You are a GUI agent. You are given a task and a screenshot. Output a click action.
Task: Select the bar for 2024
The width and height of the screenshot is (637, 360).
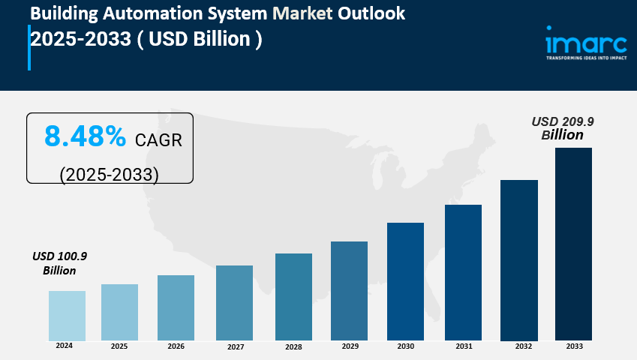tap(67, 315)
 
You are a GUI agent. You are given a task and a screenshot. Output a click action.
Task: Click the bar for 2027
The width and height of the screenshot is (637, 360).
tap(234, 302)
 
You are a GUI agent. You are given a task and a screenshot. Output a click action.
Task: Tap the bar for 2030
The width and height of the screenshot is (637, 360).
tap(405, 280)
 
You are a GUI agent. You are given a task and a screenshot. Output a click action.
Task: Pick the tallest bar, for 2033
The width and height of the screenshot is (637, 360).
tap(573, 243)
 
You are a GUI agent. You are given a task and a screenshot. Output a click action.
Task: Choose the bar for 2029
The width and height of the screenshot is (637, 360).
tap(349, 290)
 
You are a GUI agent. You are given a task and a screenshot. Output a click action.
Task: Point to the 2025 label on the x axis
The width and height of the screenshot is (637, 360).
tap(119, 346)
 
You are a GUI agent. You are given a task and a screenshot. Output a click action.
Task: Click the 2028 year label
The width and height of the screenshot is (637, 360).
tap(293, 347)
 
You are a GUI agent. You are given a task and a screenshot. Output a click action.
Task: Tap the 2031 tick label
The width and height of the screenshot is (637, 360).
tap(463, 346)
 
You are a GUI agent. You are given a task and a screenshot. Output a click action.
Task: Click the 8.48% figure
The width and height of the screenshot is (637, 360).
tap(85, 137)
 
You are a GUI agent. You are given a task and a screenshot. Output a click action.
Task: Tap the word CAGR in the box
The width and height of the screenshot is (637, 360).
tap(158, 139)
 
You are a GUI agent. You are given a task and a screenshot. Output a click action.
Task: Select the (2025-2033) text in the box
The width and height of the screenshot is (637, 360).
tap(110, 174)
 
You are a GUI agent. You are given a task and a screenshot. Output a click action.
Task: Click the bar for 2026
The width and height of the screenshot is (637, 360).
tap(176, 307)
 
